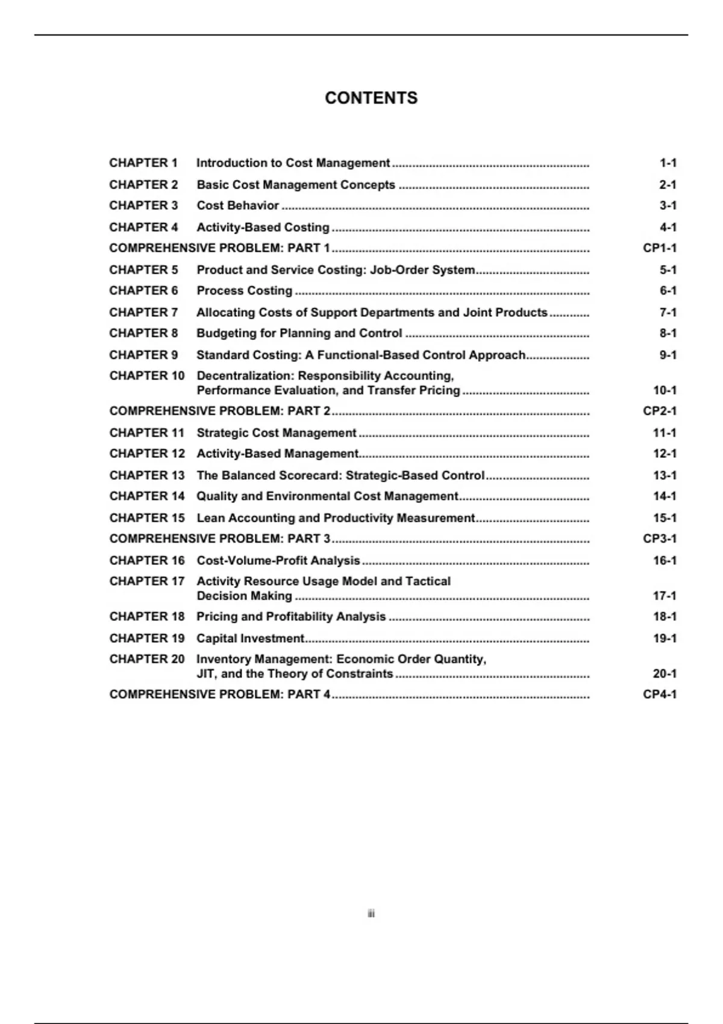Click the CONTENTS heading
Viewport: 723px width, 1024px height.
pyautogui.click(x=371, y=98)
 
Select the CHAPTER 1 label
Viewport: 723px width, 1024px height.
pyautogui.click(x=143, y=163)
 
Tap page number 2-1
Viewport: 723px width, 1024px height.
pyautogui.click(x=667, y=185)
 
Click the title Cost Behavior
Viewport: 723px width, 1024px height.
pyautogui.click(x=237, y=205)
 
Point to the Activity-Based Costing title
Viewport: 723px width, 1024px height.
pyautogui.click(x=263, y=227)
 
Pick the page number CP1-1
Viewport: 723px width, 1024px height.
pyautogui.click(x=659, y=248)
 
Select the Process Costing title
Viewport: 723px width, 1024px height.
pyautogui.click(x=244, y=291)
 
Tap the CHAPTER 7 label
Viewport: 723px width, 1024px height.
pyautogui.click(x=143, y=313)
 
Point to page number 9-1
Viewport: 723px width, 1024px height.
pyautogui.click(x=667, y=355)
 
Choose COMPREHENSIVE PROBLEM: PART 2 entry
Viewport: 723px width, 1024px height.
pyautogui.click(x=220, y=411)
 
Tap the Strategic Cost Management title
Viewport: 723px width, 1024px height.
pyautogui.click(x=277, y=433)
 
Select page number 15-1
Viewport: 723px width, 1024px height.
pyautogui.click(x=665, y=518)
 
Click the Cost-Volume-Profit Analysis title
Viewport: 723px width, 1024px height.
pyautogui.click(x=278, y=561)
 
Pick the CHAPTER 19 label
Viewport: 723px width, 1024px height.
pyautogui.click(x=147, y=638)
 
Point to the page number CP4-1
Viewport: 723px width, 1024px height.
pyautogui.click(x=659, y=695)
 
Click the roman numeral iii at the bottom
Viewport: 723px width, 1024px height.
pyautogui.click(x=371, y=914)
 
